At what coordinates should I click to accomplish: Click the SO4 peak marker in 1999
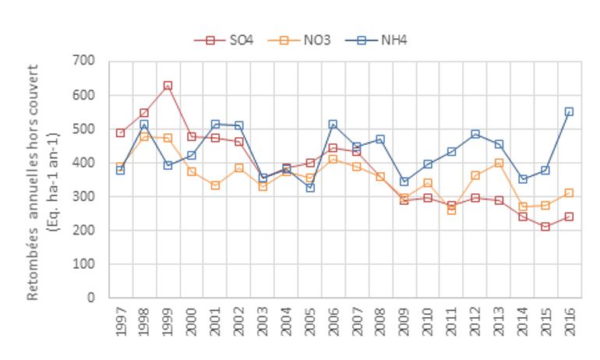pyautogui.click(x=168, y=86)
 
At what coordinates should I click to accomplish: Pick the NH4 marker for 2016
pyautogui.click(x=569, y=111)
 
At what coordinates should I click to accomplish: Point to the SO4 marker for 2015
pyautogui.click(x=545, y=227)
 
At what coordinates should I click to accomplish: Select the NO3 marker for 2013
pyautogui.click(x=498, y=163)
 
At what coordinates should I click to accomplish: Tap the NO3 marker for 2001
pyautogui.click(x=215, y=185)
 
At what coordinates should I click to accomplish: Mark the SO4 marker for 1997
pyautogui.click(x=120, y=132)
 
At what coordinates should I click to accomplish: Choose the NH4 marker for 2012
pyautogui.click(x=475, y=134)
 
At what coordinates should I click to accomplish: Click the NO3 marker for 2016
pyautogui.click(x=569, y=192)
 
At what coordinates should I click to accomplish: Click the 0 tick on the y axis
pyautogui.click(x=90, y=298)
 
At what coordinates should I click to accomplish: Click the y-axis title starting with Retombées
pyautogui.click(x=43, y=179)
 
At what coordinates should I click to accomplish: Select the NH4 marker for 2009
pyautogui.click(x=404, y=182)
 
